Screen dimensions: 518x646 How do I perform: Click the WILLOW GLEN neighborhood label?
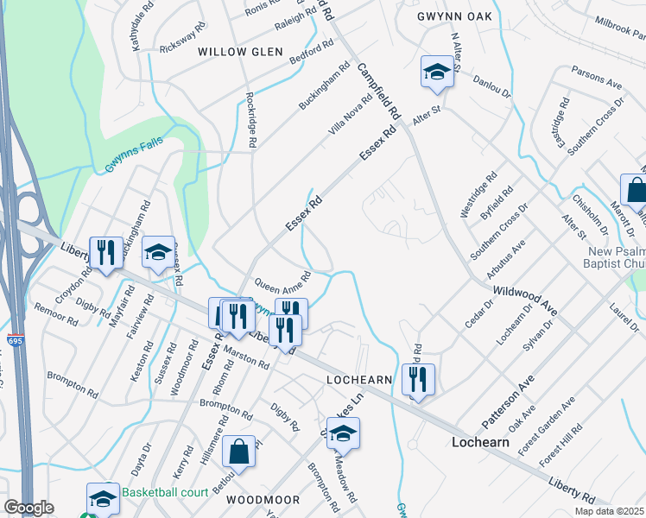click(x=240, y=52)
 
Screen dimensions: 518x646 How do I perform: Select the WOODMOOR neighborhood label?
click(x=263, y=500)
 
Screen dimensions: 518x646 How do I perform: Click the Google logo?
click(x=28, y=508)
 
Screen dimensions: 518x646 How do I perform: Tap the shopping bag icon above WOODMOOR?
click(x=237, y=450)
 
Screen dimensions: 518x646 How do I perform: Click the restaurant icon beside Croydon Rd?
click(x=106, y=252)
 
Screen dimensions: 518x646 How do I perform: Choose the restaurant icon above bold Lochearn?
click(x=418, y=378)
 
